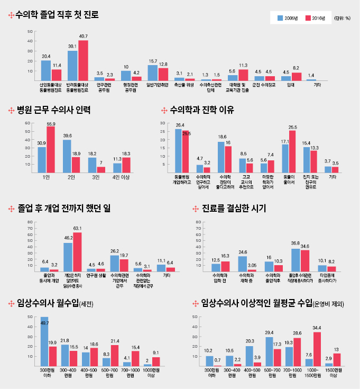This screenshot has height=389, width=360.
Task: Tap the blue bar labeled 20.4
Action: pyautogui.click(x=46, y=70)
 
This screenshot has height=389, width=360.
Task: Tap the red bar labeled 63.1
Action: pyautogui.click(x=77, y=251)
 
